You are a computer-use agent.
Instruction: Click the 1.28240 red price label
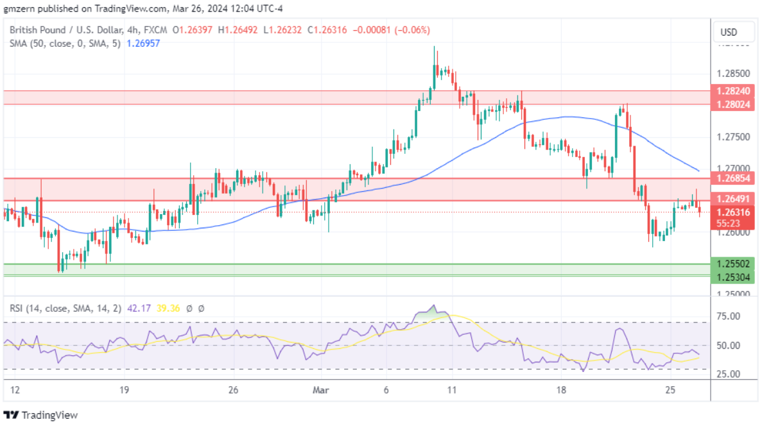[732, 92]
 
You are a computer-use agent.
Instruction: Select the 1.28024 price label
[732, 104]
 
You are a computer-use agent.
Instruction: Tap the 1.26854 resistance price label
[732, 178]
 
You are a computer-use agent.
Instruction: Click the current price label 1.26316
[732, 212]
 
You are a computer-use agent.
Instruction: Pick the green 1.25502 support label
[732, 264]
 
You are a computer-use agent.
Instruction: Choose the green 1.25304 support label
[732, 276]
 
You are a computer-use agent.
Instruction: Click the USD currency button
[729, 32]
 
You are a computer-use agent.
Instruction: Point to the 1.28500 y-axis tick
[732, 74]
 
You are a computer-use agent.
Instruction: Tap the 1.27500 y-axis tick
[732, 137]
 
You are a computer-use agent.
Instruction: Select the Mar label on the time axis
[319, 390]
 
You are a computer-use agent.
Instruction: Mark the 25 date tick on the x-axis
[670, 390]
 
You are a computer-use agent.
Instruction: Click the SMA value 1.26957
[143, 43]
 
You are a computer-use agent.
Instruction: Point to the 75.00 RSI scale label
[729, 316]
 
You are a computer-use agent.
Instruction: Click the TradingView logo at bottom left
[41, 415]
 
